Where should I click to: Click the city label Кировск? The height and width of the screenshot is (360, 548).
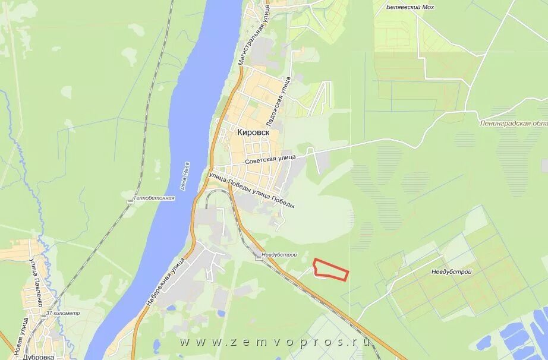coord(254,133)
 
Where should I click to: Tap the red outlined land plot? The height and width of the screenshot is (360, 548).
coord(330,270)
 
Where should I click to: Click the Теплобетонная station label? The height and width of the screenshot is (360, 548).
coord(154,198)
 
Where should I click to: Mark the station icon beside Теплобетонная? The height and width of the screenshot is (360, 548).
coord(130,201)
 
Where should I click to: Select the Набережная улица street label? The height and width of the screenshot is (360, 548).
coord(168,277)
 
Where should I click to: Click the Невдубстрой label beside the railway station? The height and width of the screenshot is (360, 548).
coord(279,254)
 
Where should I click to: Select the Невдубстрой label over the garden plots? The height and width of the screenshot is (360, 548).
coord(452,271)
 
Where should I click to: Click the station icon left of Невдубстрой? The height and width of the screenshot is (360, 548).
coord(259,257)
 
